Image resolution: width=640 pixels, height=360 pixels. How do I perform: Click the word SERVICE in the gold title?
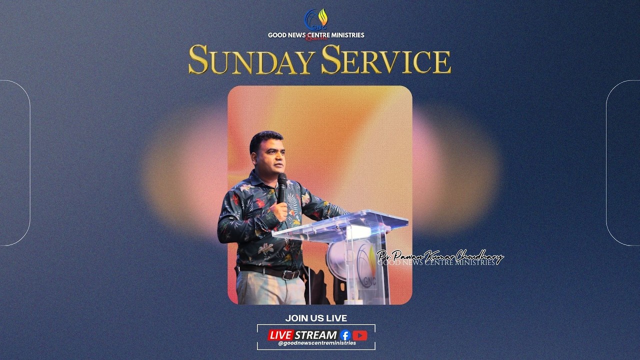(x=385, y=59)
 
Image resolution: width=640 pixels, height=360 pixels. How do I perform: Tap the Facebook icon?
(x=345, y=335)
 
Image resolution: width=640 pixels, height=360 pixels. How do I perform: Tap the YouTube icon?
(x=360, y=335)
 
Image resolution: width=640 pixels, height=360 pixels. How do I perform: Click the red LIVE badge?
(x=280, y=335)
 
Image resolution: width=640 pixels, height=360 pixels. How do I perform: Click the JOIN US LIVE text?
(x=316, y=318)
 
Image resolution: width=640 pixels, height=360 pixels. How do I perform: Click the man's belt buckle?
(x=290, y=275)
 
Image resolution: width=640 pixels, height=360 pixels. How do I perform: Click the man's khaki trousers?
(x=270, y=290)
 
